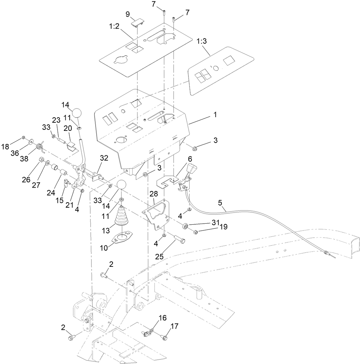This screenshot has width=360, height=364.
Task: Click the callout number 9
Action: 128,14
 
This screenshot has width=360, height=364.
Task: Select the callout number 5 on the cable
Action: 220,203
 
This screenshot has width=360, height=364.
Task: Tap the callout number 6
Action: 190,159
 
